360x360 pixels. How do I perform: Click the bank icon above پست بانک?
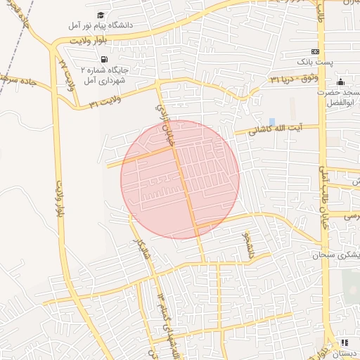click(316, 51)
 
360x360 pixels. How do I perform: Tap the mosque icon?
click(340, 82)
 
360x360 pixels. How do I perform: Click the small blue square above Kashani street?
click(272, 122)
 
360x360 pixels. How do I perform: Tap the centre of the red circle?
click(180, 180)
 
